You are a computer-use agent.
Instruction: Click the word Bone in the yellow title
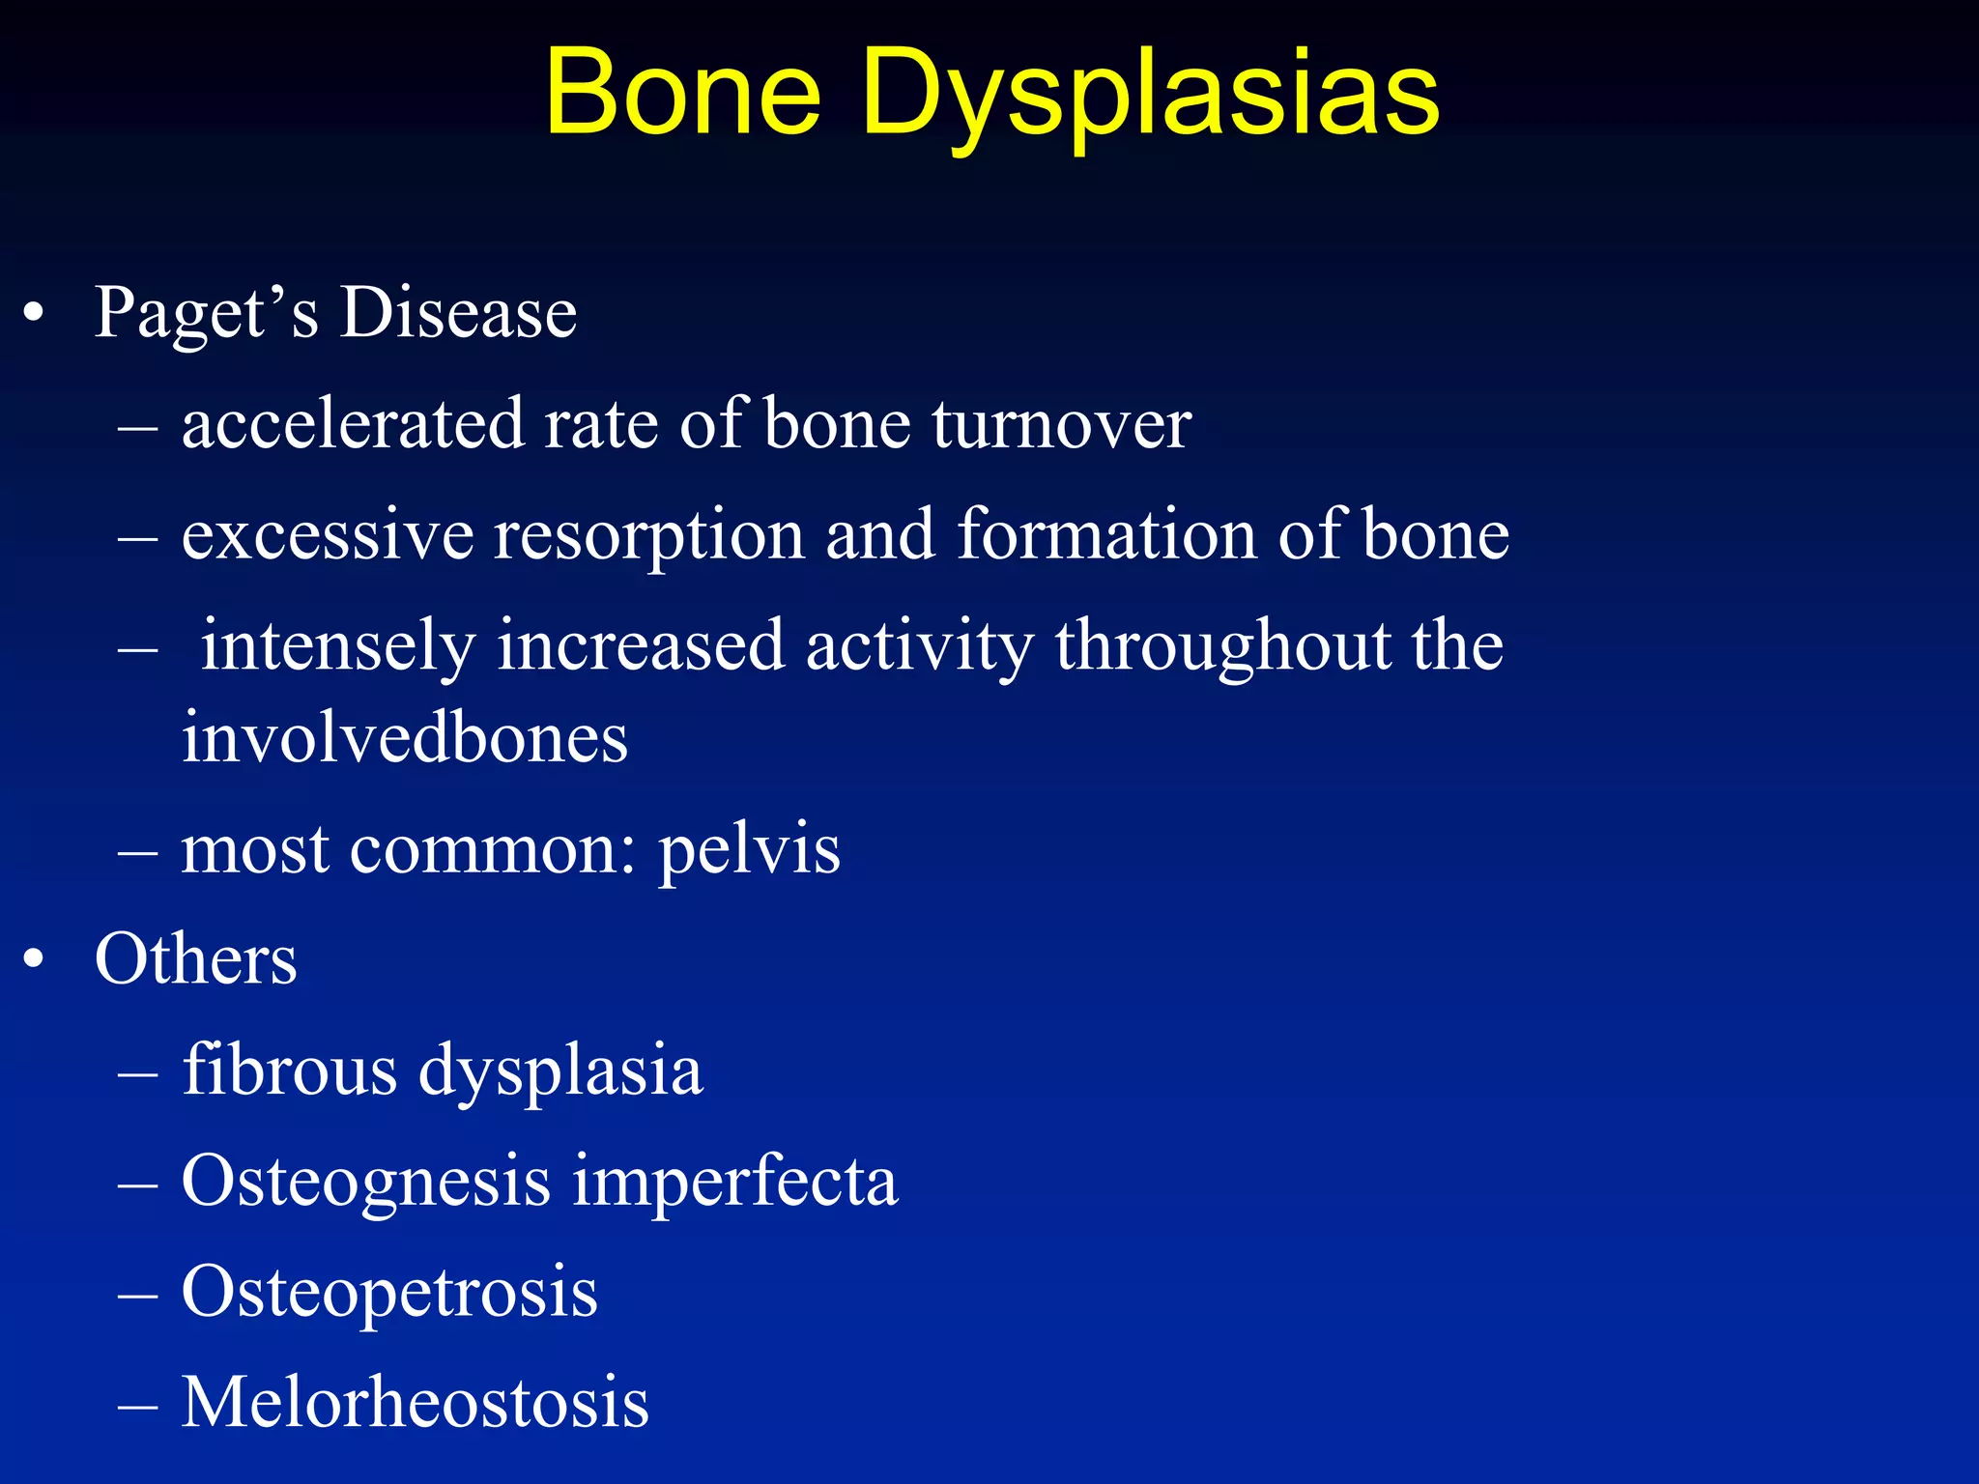pyautogui.click(x=682, y=94)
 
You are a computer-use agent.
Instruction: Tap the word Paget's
pyautogui.click(x=205, y=314)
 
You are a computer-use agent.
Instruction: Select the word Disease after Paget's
pyautogui.click(x=458, y=314)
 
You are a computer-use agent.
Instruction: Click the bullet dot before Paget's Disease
pyautogui.click(x=34, y=315)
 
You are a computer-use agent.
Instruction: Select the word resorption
pyautogui.click(x=649, y=536)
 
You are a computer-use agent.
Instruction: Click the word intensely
pyautogui.click(x=337, y=647)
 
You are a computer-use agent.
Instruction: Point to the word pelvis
pyautogui.click(x=749, y=850)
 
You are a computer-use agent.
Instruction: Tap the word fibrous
pyautogui.click(x=289, y=1070)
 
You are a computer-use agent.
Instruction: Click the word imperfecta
pyautogui.click(x=734, y=1182)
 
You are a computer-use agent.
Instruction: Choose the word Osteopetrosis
pyautogui.click(x=389, y=1293)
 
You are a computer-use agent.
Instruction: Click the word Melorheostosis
pyautogui.click(x=416, y=1403)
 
